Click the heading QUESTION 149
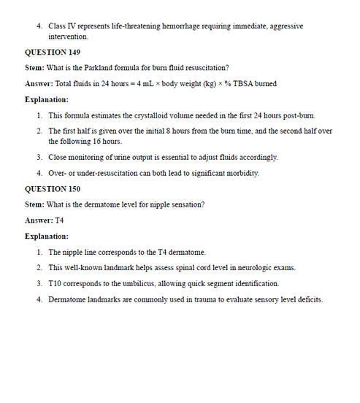point(53,53)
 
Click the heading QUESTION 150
point(53,188)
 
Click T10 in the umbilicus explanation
point(56,283)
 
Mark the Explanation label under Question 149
point(47,99)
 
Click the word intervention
point(69,36)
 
